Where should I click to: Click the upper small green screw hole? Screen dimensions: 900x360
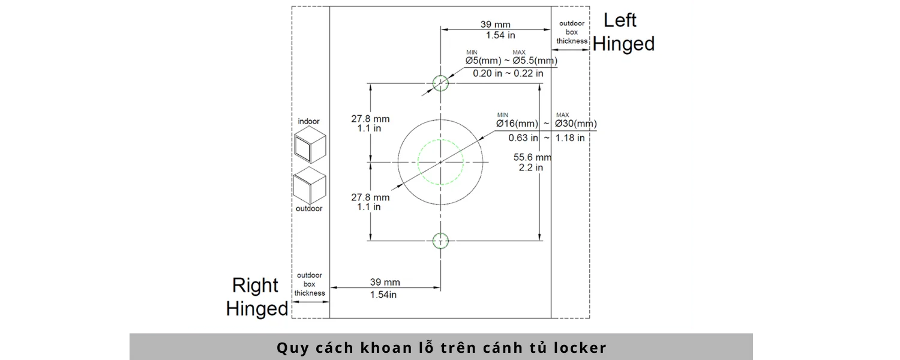[x=441, y=75]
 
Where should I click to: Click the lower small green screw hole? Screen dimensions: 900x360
[x=441, y=233]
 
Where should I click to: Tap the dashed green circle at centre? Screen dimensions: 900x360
[x=418, y=163]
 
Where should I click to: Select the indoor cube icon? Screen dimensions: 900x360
[x=310, y=145]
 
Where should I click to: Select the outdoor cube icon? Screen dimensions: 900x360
[x=310, y=185]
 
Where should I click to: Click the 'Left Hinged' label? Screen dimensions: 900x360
[x=623, y=32]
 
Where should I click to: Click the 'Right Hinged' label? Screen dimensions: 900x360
[x=257, y=297]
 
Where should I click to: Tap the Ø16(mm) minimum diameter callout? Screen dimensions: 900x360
[x=517, y=124]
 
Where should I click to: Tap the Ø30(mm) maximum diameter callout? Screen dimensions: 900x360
[x=576, y=124]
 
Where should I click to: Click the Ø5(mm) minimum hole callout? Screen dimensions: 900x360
[x=484, y=61]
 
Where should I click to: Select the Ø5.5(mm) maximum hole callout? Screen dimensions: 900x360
[x=535, y=61]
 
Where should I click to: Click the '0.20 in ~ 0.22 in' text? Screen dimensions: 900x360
[x=508, y=74]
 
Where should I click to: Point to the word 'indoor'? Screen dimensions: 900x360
[x=308, y=121]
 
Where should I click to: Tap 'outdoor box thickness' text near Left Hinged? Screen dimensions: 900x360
[x=572, y=32]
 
